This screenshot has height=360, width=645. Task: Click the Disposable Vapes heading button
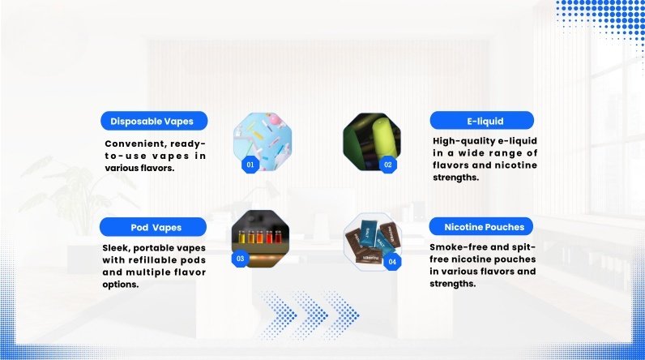tap(154, 121)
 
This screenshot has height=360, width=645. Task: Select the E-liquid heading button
tap(481, 121)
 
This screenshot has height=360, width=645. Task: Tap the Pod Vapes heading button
tap(153, 227)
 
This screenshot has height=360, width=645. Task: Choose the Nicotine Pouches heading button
tap(481, 227)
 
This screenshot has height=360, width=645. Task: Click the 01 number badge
tap(250, 165)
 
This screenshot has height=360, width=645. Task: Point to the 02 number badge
tap(388, 165)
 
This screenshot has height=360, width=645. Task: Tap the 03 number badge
tap(240, 259)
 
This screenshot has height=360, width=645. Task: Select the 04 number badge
tap(392, 262)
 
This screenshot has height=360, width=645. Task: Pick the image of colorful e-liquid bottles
tap(260, 238)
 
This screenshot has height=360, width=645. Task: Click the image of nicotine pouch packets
tap(372, 242)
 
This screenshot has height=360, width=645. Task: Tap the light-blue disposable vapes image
tap(263, 142)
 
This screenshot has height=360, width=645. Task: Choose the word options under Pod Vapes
tap(121, 285)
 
